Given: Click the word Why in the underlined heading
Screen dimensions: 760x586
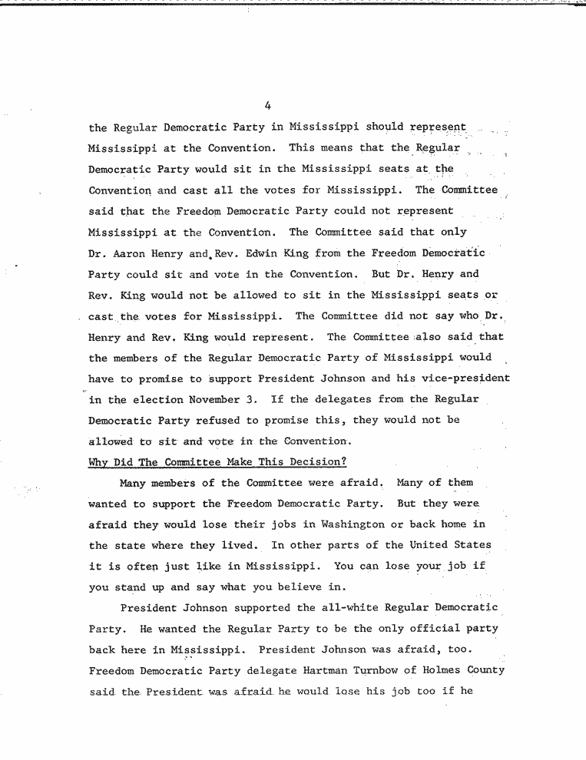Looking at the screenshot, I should [98, 462].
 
